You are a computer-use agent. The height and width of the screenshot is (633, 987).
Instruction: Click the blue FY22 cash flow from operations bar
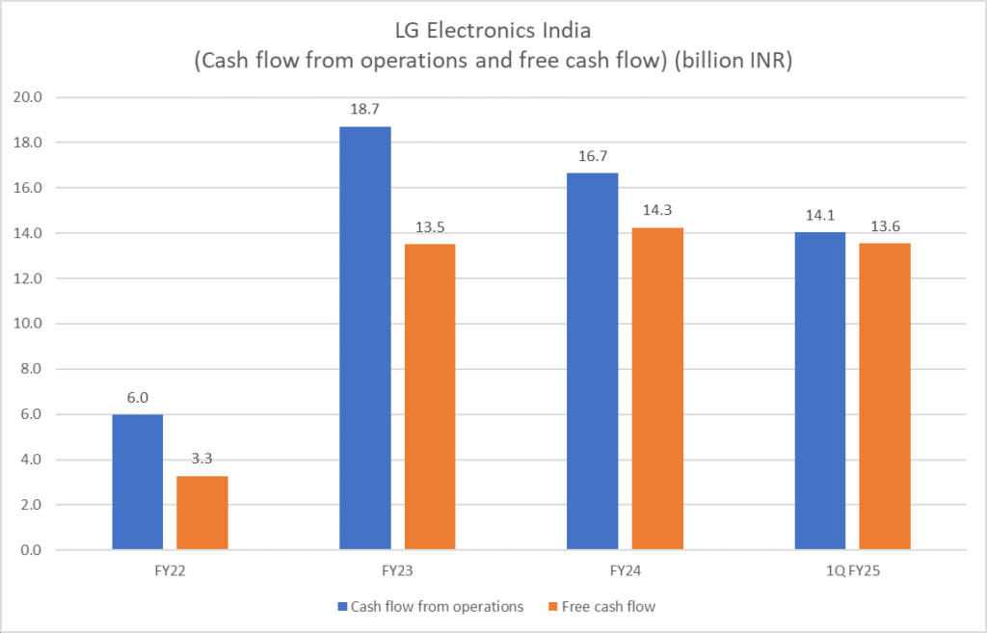(138, 482)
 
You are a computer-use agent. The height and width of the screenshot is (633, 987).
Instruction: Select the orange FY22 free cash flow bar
(202, 513)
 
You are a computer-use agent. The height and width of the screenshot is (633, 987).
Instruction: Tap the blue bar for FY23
(365, 338)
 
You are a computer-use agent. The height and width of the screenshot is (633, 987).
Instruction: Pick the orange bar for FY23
(430, 397)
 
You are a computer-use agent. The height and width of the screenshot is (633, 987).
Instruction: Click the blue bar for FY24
(593, 361)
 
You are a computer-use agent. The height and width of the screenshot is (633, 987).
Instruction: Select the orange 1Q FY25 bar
(885, 396)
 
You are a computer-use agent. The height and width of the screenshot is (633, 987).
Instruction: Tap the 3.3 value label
(202, 461)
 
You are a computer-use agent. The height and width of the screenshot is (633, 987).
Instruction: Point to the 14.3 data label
(657, 212)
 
